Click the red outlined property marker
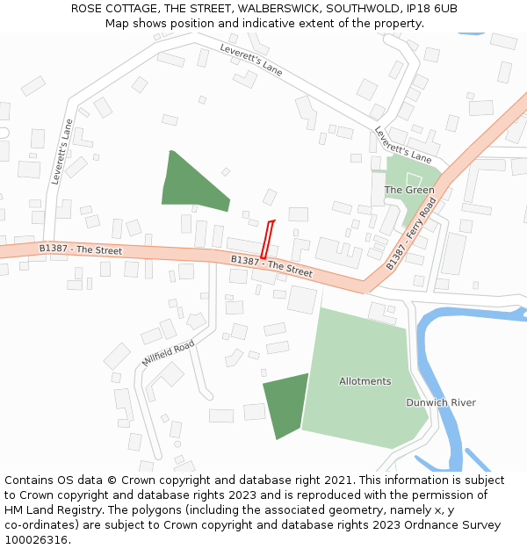267,239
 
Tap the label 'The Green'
408,190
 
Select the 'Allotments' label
365,381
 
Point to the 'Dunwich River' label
440,402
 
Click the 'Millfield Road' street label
168,354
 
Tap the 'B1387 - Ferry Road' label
411,234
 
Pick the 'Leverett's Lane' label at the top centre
251,60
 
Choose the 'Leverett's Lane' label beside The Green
403,145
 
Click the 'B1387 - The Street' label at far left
80,249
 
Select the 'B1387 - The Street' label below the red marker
271,266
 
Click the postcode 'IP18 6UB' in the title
433,8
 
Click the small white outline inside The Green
414,179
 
